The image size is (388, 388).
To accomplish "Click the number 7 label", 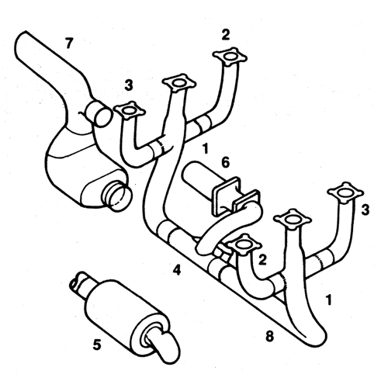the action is pos(68,43).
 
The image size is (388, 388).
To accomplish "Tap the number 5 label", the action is pos(97,345).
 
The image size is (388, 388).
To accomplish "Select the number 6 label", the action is pos(225,163).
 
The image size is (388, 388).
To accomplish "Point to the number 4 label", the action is pos(177,270).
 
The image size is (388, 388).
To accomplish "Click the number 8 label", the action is pos(269,337).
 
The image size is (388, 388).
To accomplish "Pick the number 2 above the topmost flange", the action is pos(226,35).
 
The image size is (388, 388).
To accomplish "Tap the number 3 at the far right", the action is pos(365,210).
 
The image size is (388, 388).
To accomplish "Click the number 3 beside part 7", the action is pos(129,85).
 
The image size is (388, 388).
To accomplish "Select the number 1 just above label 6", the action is pos(206,149).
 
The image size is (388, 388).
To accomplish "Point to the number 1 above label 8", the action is pos(328,300).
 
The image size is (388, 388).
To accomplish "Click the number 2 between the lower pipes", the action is pos(262,260).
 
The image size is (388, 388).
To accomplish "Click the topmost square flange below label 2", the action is pos(230,57).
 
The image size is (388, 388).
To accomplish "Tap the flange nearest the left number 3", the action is pos(129,110).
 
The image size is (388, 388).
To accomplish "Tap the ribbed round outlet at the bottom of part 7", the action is pos(117,196).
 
